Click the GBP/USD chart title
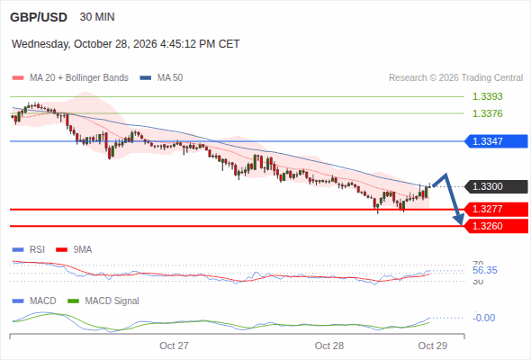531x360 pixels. pyautogui.click(x=39, y=17)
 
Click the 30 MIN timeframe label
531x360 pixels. pyautogui.click(x=97, y=17)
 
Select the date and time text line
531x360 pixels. pyautogui.click(x=126, y=44)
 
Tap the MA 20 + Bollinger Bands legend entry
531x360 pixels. pyautogui.click(x=70, y=78)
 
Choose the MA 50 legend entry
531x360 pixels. pyautogui.click(x=161, y=78)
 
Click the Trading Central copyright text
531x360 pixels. pyautogui.click(x=455, y=78)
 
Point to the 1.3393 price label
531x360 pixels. pyautogui.click(x=487, y=96)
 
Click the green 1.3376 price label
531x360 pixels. pyautogui.click(x=487, y=113)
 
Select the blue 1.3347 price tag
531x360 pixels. pyautogui.click(x=496, y=141)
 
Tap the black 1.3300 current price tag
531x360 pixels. pyautogui.click(x=496, y=186)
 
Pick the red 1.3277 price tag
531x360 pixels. pyautogui.click(x=496, y=209)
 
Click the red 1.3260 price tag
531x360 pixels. pyautogui.click(x=496, y=226)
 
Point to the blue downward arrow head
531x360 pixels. pyautogui.click(x=459, y=220)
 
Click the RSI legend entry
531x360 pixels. pyautogui.click(x=29, y=249)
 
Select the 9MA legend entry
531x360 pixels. pyautogui.click(x=74, y=249)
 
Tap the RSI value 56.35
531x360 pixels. pyautogui.click(x=485, y=270)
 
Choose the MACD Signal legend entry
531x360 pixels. pyautogui.click(x=103, y=301)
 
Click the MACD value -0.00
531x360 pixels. pyautogui.click(x=484, y=318)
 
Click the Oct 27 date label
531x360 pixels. pyautogui.click(x=174, y=346)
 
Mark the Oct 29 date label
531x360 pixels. pyautogui.click(x=433, y=346)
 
